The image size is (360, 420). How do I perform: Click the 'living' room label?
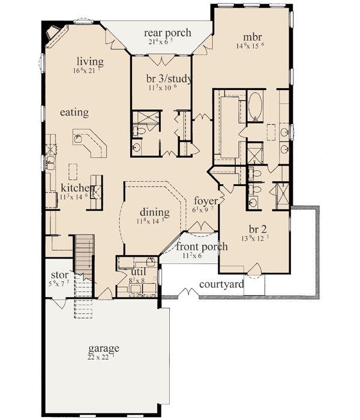[90, 61]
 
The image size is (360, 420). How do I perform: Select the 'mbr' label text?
[250, 35]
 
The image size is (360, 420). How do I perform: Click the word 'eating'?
[74, 112]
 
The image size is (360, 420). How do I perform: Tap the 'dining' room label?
[155, 212]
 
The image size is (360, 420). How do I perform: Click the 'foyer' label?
[205, 200]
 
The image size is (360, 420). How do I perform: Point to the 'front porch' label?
[202, 247]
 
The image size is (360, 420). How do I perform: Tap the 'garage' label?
[103, 348]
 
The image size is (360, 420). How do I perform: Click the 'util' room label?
[140, 271]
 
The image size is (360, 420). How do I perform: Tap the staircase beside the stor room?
[83, 258]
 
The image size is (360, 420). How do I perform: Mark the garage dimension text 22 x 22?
[101, 358]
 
